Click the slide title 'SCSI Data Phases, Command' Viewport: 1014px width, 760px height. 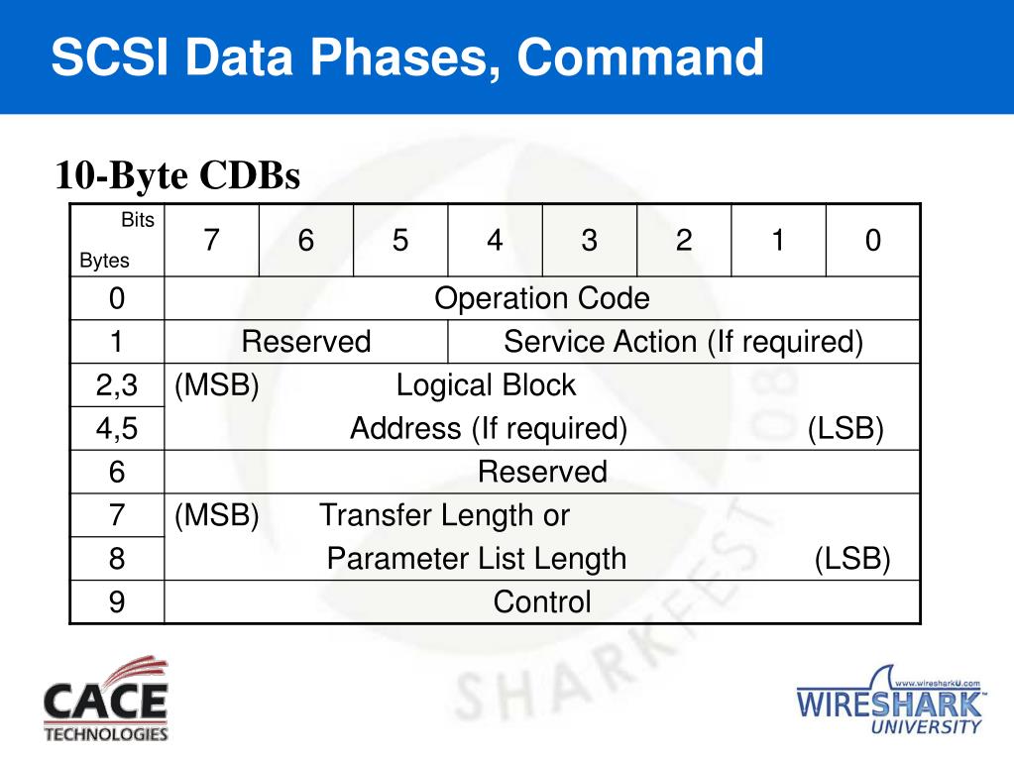click(407, 57)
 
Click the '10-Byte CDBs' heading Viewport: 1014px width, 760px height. click(177, 175)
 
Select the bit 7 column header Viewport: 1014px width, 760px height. click(211, 241)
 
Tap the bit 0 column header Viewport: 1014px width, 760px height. click(872, 241)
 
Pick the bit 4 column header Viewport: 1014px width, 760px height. click(495, 241)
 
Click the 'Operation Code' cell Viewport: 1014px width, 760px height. click(542, 298)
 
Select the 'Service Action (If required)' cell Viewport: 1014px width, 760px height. click(684, 342)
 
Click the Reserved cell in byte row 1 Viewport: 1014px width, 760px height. click(306, 342)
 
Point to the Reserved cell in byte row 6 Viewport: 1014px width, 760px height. click(542, 472)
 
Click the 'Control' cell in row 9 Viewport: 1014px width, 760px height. click(542, 601)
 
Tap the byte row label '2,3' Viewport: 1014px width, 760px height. click(117, 385)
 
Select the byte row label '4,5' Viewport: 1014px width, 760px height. click(117, 429)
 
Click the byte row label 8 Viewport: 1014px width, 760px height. click(117, 559)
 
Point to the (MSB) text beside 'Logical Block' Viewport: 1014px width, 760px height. click(217, 385)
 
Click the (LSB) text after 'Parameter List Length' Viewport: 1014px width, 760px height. click(852, 559)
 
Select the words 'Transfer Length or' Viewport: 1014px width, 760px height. click(444, 515)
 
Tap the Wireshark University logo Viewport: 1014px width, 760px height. click(889, 703)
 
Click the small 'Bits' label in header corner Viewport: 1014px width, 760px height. click(138, 221)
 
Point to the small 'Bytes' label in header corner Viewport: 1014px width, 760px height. click(104, 262)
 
